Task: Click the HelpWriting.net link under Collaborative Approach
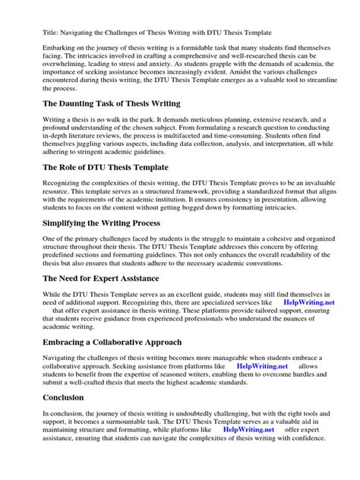click(x=263, y=365)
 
